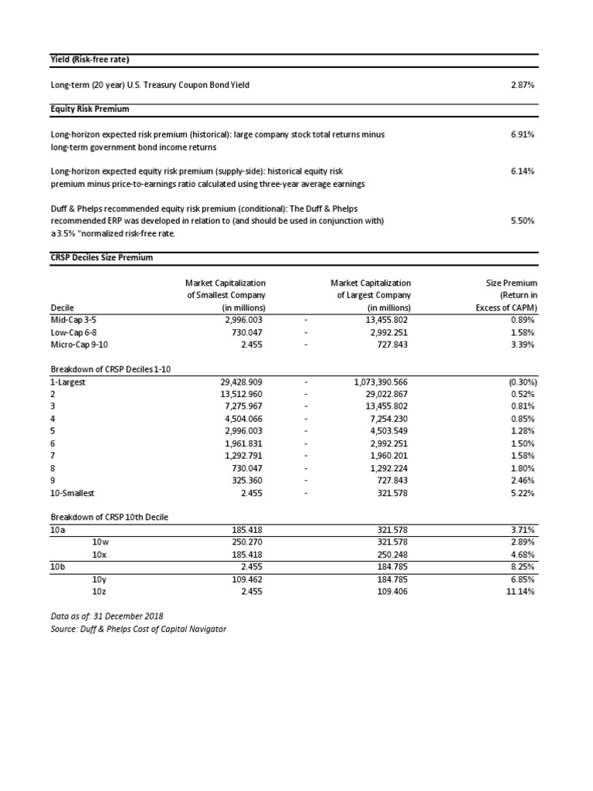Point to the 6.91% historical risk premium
coord(523,134)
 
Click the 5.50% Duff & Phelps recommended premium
coord(523,221)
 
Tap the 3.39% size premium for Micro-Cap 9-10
coord(523,345)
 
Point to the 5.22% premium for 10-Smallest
coord(523,494)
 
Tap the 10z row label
coord(99,592)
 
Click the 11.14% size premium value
coord(521,592)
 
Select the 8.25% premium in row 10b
coord(523,568)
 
